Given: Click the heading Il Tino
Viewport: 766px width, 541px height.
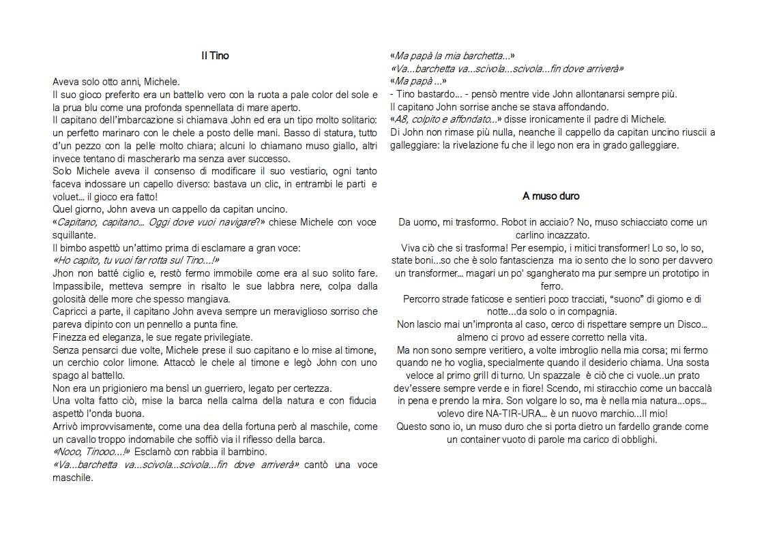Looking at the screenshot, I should pyautogui.click(x=215, y=56).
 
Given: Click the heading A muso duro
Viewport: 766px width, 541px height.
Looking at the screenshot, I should pyautogui.click(x=550, y=196).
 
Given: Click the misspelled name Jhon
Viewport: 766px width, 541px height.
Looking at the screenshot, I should pyautogui.click(x=63, y=273).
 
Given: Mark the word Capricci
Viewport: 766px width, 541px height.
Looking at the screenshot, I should pyautogui.click(x=70, y=311).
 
